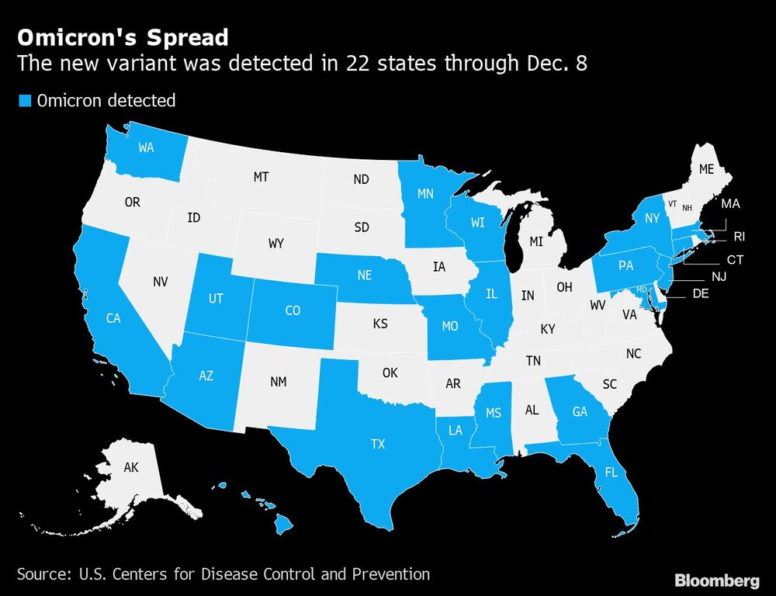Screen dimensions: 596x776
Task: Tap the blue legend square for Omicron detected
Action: [24, 100]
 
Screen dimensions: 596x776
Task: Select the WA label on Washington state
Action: [147, 147]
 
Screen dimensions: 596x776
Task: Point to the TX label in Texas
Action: [377, 445]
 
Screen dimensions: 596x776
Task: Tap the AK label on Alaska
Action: [131, 468]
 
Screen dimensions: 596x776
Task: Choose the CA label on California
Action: [113, 317]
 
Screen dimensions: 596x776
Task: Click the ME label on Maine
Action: [706, 168]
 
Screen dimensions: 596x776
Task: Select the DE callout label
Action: [700, 294]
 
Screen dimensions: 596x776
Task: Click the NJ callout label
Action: [719, 277]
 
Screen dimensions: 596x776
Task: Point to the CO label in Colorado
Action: [292, 310]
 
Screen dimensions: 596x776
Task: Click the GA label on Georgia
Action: [580, 411]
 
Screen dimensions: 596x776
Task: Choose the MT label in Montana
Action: [261, 178]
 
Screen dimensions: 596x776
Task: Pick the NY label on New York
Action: [651, 220]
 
